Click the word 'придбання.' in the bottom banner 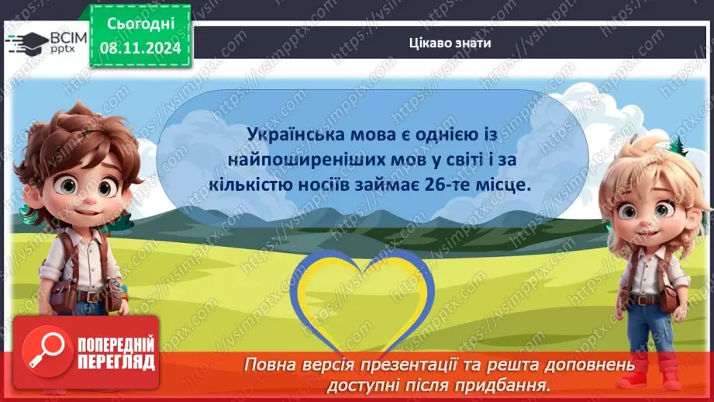tap(514, 384)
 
